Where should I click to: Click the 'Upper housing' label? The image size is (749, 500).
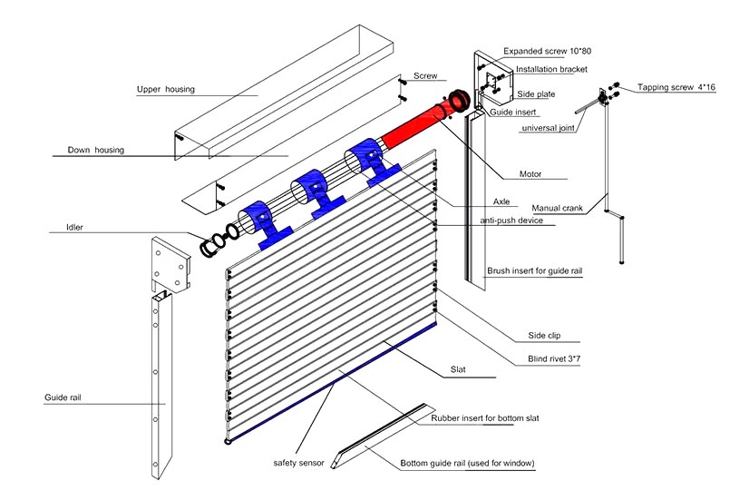coord(166,89)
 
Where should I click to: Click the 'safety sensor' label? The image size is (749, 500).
coord(299,462)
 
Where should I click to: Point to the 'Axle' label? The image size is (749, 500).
coord(502,201)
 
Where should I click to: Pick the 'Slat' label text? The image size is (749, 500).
coord(459,370)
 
